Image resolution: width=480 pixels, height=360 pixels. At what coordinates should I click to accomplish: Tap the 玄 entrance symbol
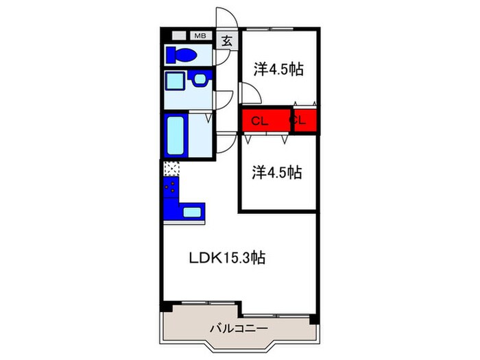tap(226, 40)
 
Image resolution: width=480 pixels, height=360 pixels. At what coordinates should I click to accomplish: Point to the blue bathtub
tap(175, 136)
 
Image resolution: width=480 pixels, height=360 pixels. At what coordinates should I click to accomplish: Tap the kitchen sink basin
tap(192, 211)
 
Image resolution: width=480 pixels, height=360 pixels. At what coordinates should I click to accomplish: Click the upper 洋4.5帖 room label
tap(278, 69)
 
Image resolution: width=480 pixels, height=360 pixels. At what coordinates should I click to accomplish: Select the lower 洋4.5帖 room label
tap(276, 172)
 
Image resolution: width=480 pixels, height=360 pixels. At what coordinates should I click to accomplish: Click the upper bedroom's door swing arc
tap(249, 93)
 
